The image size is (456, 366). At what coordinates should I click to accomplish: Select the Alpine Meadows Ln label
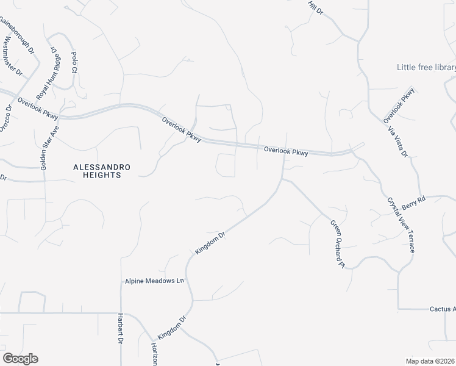pos(154,281)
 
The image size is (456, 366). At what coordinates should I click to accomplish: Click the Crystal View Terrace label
pos(402,225)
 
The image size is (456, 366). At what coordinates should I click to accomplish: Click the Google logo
pos(20,359)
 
